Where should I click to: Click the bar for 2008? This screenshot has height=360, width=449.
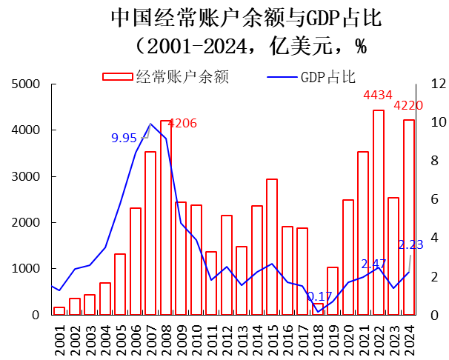coord(166,218)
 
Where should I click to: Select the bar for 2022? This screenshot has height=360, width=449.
coord(379,213)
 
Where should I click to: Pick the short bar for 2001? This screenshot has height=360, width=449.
coord(59,310)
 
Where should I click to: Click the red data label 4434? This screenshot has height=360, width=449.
coord(378,96)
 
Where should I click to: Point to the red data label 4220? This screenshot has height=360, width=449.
coord(408,105)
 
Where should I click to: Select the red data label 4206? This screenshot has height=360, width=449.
coord(182,123)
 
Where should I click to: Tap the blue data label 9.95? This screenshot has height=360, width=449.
coord(124,138)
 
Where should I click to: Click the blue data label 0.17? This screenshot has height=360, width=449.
coord(319,296)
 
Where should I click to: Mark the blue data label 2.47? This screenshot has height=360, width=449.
coord(374,264)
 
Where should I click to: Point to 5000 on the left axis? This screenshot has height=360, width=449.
coord(26,84)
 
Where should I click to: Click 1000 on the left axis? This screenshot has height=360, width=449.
coord(26,269)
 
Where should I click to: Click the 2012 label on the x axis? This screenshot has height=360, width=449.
coord(227,336)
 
